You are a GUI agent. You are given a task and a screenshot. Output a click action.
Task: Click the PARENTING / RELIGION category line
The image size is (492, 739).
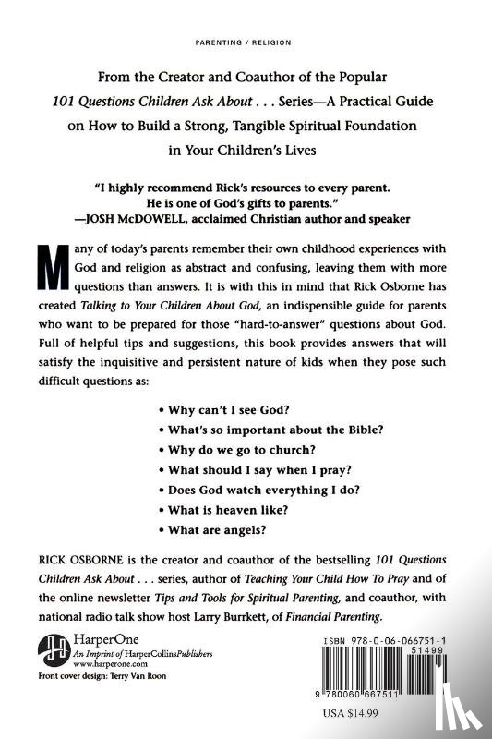tap(245, 42)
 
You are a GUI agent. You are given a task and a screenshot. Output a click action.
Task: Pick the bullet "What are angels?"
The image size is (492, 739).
tap(211, 529)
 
